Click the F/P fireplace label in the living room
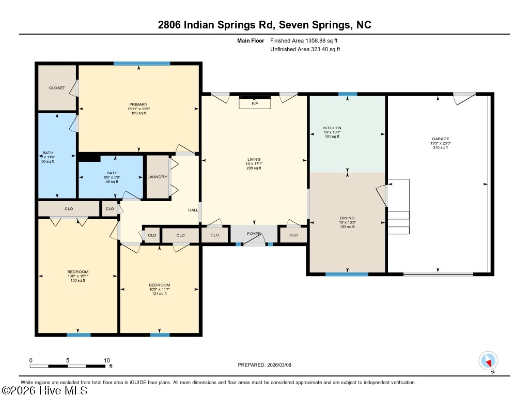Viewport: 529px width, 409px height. tap(254, 104)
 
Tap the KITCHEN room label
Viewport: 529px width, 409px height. tap(332, 128)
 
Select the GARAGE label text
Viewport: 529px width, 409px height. tap(441, 139)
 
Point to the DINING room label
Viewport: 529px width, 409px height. tap(347, 218)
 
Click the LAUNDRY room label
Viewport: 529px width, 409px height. tap(157, 177)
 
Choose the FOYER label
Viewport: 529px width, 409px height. tap(254, 234)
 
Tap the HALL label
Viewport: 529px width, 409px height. tap(193, 210)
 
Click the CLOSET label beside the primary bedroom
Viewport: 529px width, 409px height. tap(57, 88)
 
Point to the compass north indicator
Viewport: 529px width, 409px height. tap(488, 360)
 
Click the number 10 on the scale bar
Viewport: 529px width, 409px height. tap(107, 360)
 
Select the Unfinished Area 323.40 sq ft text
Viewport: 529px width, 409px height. tap(305, 50)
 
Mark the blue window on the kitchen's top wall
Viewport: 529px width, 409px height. tap(348, 94)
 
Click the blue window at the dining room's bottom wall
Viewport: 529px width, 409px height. tap(347, 274)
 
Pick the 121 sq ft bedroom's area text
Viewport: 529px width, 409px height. tap(159, 294)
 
